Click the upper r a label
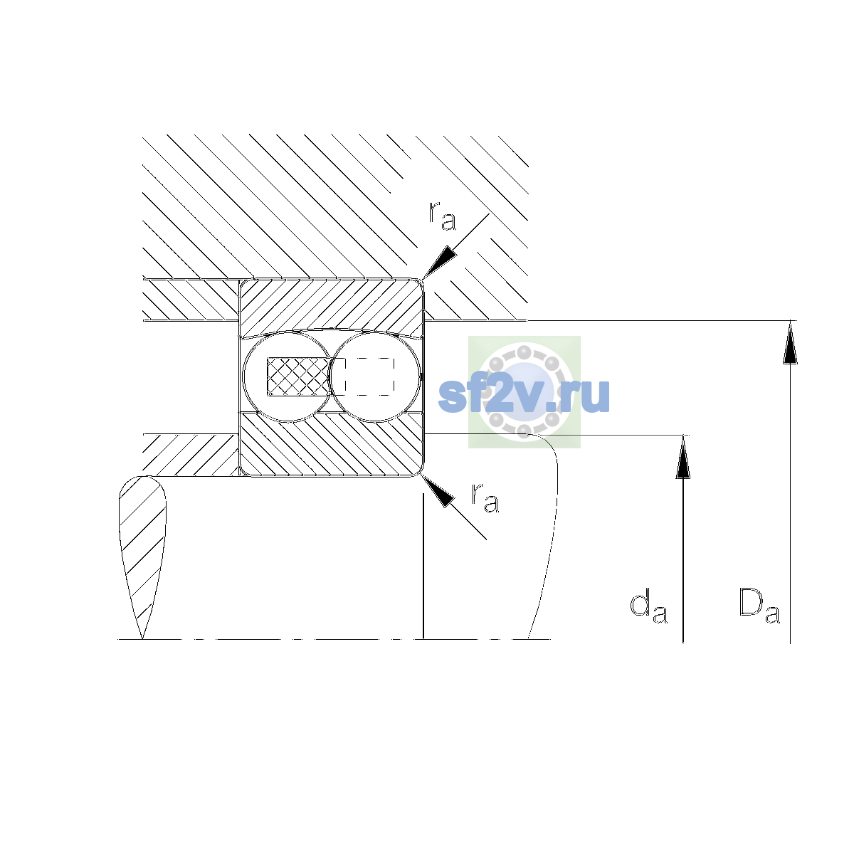pyautogui.click(x=442, y=216)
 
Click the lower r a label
pyautogui.click(x=485, y=497)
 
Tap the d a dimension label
pyautogui.click(x=648, y=606)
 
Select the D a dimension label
pyautogui.click(x=759, y=606)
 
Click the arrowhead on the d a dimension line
pyautogui.click(x=683, y=457)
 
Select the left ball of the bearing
pyautogui.click(x=288, y=376)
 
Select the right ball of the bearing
pyautogui.click(x=375, y=376)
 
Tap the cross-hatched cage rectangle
pyautogui.click(x=298, y=376)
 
